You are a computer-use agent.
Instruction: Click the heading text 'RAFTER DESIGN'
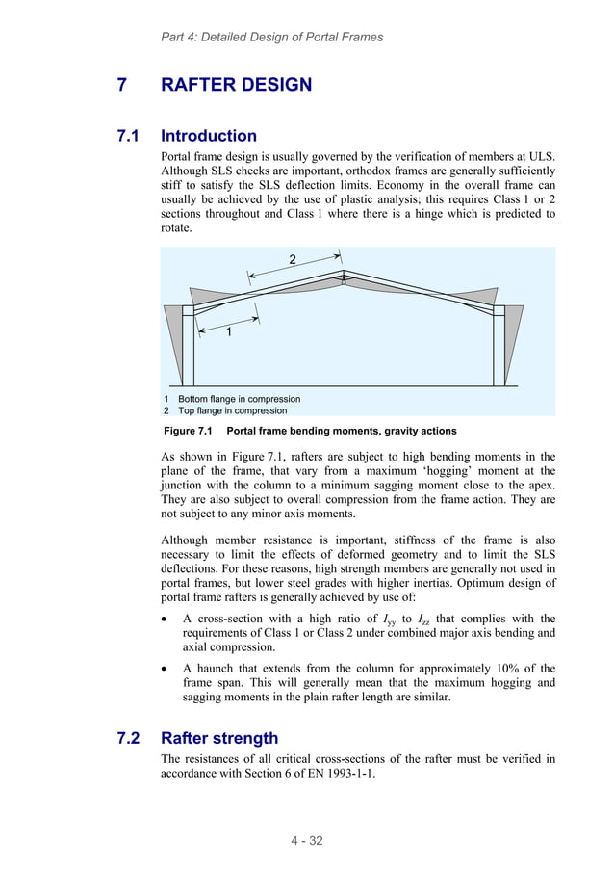236,85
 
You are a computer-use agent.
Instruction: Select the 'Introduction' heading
209,136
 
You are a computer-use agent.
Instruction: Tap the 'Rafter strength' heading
219,738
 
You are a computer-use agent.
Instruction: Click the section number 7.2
130,738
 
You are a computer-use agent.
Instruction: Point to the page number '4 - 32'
307,841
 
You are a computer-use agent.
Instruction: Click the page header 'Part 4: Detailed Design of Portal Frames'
271,37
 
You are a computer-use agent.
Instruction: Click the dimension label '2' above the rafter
294,258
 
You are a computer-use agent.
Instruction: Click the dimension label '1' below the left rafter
229,332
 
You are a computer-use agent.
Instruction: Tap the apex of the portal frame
344,274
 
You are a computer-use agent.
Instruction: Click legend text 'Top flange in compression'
232,410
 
